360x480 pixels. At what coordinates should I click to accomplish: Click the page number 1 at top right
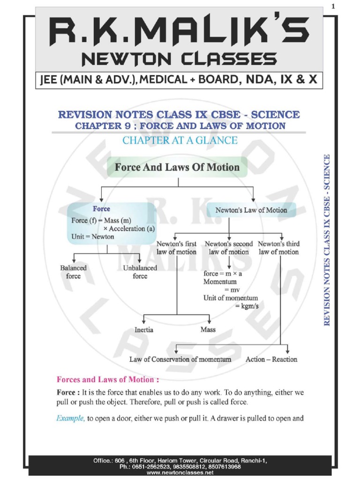[x=334, y=6]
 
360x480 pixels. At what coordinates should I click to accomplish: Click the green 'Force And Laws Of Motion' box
[x=178, y=167]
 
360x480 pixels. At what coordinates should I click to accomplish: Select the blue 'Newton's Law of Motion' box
[x=251, y=210]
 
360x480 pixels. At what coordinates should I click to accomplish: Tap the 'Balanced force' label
[x=73, y=272]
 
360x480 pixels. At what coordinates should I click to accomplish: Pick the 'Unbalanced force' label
[x=139, y=272]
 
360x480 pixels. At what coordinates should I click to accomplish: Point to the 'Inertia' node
[x=144, y=330]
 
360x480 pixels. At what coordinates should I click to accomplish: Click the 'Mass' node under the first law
[x=208, y=330]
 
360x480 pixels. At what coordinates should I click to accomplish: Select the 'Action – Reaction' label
[x=271, y=359]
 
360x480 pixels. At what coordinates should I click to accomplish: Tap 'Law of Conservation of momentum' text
[x=180, y=359]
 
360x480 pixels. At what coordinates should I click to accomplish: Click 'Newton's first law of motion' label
[x=176, y=247]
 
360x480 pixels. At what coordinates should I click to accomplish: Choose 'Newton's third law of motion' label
[x=278, y=247]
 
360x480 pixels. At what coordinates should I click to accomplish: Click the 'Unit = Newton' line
[x=92, y=237]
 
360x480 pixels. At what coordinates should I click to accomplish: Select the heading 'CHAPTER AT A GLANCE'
[x=180, y=140]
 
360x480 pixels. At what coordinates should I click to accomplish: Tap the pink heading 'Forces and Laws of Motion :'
[x=108, y=379]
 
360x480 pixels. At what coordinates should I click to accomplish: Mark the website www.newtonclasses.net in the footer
[x=180, y=473]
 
